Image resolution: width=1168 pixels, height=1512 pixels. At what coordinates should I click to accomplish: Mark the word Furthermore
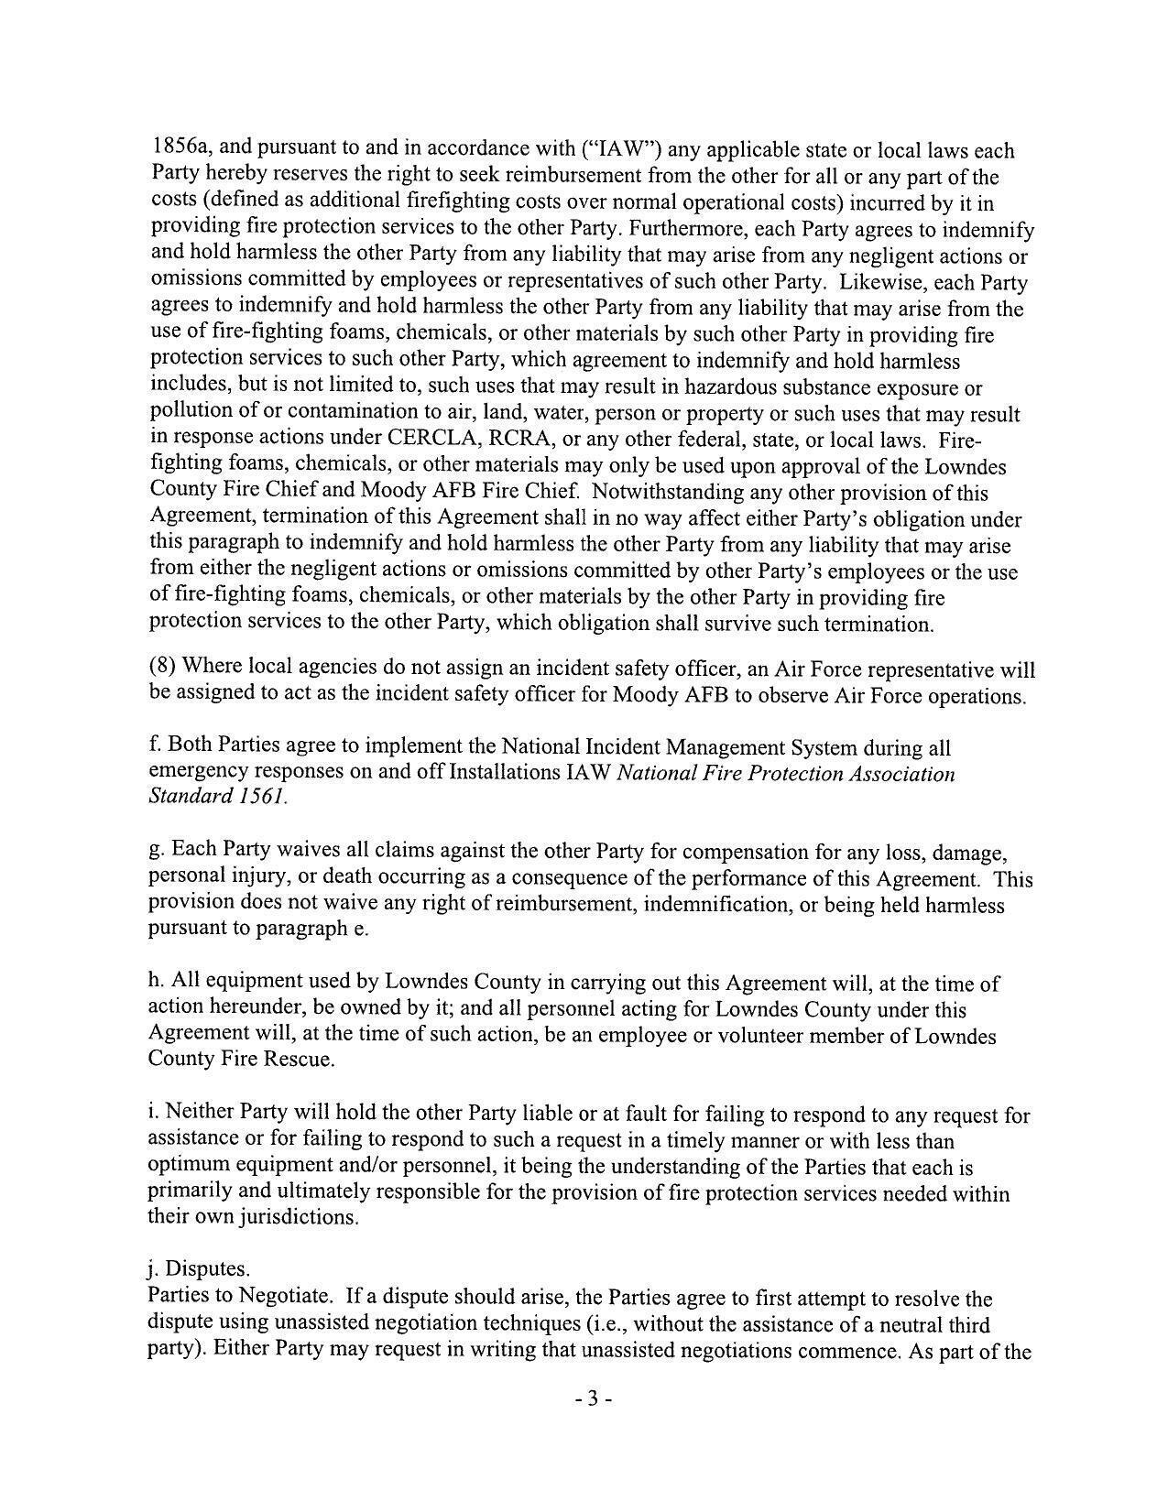pos(688,228)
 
